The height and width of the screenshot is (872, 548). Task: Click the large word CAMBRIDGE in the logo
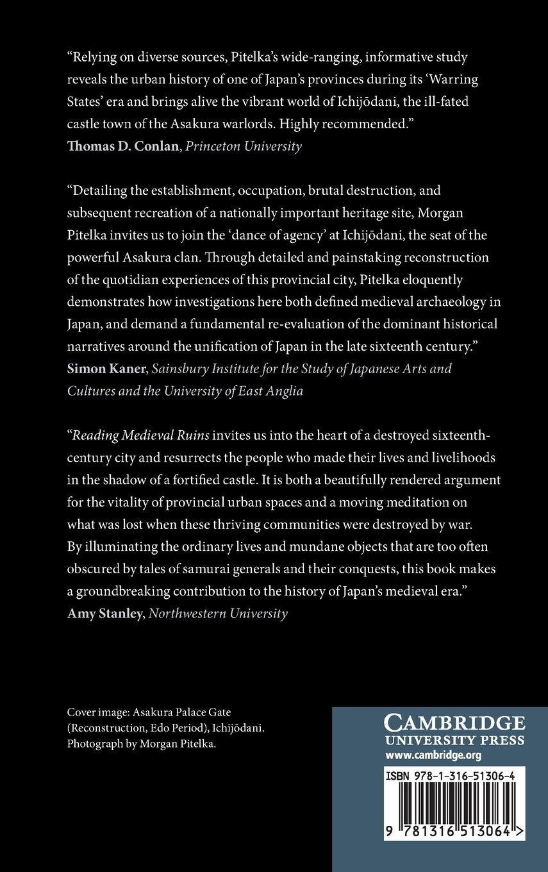coord(454,723)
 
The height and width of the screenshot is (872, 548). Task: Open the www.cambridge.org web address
coord(433,755)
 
